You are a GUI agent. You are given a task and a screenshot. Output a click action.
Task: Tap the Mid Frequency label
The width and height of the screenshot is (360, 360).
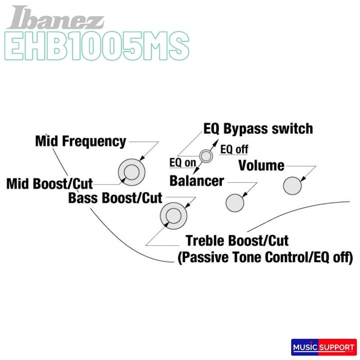point(81,141)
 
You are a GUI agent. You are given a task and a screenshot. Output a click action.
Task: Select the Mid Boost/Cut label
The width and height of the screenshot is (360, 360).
point(49,184)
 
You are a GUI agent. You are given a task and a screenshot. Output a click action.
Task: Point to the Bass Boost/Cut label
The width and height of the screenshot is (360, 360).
point(115,198)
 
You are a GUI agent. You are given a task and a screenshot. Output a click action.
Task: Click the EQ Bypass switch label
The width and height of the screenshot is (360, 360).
point(258,129)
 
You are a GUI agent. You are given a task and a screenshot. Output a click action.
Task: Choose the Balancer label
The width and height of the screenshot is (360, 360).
point(197,181)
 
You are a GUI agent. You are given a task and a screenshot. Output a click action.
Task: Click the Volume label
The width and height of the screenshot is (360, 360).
point(261,166)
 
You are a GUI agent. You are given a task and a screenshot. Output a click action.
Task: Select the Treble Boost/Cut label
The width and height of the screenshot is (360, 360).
point(237,240)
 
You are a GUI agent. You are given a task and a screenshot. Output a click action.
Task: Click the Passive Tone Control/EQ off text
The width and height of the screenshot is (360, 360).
point(265,258)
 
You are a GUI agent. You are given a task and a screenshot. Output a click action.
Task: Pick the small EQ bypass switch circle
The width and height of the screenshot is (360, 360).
point(206,156)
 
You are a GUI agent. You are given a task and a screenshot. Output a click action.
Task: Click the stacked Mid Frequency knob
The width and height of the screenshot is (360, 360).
point(132,172)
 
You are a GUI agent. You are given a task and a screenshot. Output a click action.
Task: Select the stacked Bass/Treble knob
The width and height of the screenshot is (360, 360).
point(173,216)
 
